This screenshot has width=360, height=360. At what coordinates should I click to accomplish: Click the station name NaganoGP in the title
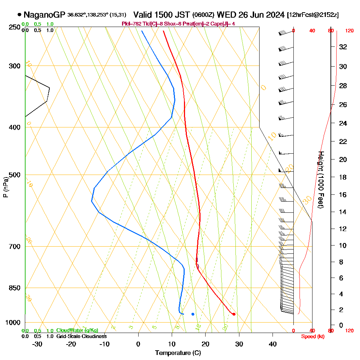(x=44, y=15)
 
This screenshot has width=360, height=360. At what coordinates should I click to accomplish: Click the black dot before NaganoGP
(x=19, y=15)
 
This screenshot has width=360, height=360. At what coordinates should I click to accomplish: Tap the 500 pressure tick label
(x=13, y=175)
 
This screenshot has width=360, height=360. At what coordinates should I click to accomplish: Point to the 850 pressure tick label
(x=13, y=288)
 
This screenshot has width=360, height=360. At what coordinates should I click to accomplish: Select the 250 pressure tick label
(x=13, y=27)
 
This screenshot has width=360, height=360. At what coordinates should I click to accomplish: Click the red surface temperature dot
(x=234, y=314)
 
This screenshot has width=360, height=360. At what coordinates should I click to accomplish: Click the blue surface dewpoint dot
(x=193, y=314)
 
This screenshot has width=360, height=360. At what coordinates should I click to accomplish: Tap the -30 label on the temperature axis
(x=37, y=344)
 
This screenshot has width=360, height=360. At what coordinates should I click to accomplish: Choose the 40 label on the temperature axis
(x=273, y=344)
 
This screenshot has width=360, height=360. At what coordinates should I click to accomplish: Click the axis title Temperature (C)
(x=178, y=353)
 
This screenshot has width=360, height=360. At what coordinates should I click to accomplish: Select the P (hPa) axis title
(x=5, y=187)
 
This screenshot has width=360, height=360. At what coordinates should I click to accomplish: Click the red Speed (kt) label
(x=312, y=336)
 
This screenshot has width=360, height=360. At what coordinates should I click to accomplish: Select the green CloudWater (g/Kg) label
(x=77, y=330)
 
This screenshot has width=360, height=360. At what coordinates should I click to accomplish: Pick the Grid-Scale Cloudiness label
(x=81, y=336)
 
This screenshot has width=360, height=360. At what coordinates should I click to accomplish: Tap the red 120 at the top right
(x=349, y=31)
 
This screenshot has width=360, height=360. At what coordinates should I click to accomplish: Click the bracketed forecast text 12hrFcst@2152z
(x=313, y=15)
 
